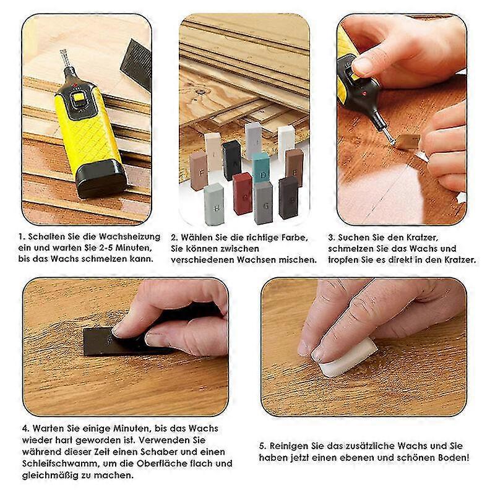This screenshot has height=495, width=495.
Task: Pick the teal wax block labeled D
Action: (260, 168)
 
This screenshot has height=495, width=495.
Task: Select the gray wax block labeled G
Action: (263, 202)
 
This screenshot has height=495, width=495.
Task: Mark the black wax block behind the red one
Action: (231, 159)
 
